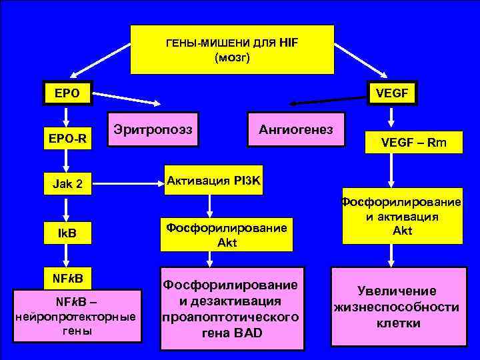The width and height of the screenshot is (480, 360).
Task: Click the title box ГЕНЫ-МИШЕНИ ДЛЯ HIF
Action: pos(231,49)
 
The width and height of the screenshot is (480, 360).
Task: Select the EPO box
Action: pos(65,93)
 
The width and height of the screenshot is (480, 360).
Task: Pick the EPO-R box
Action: pos(65,138)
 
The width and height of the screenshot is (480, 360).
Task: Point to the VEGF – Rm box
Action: pos(413,141)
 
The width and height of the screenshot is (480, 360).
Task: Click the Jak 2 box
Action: pos(66,182)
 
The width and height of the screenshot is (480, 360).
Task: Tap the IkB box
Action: pos(65,234)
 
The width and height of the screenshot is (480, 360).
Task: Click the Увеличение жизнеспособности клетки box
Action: pos(398,307)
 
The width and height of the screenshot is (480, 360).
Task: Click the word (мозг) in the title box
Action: pos(231,58)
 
